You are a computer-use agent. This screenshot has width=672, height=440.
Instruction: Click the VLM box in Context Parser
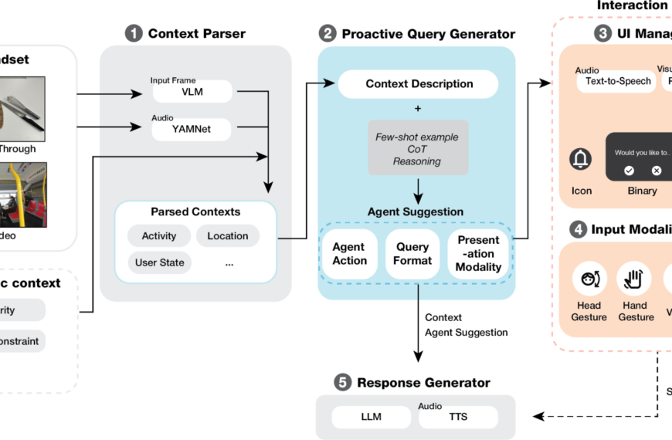(192, 93)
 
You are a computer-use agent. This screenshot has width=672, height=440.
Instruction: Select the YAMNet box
(192, 130)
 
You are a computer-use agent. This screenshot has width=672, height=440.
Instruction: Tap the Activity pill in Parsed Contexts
(159, 236)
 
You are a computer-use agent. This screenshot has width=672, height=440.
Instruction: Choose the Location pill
(228, 236)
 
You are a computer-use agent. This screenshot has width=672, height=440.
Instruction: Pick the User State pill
(160, 262)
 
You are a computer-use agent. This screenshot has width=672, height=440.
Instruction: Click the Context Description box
(419, 84)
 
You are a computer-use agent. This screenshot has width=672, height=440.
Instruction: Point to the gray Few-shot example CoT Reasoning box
(419, 148)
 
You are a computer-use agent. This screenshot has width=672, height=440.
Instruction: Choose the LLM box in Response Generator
(371, 418)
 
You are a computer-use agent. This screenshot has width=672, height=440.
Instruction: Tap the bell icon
(581, 160)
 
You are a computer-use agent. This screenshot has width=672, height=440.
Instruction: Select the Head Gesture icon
(589, 279)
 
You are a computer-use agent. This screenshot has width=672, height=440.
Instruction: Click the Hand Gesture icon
(635, 279)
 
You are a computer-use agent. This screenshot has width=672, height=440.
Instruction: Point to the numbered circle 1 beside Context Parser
(134, 33)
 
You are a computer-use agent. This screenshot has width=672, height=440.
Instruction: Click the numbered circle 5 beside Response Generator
(343, 382)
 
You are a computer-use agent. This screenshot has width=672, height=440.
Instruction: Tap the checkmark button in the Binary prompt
(629, 171)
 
